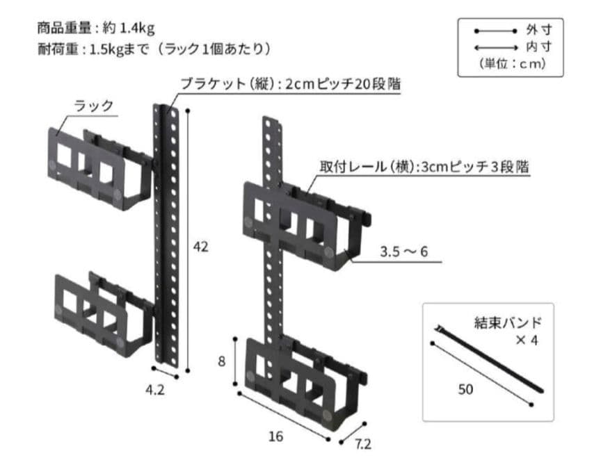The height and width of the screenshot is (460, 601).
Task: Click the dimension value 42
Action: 201,247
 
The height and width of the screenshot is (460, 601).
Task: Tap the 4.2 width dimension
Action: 157,390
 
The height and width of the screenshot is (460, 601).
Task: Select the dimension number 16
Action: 276,436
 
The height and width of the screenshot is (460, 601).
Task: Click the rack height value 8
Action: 222,361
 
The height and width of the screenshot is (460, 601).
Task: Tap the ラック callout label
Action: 94,106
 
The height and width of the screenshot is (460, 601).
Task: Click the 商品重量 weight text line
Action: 96,28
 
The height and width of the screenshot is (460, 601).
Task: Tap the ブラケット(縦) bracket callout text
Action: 290,83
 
